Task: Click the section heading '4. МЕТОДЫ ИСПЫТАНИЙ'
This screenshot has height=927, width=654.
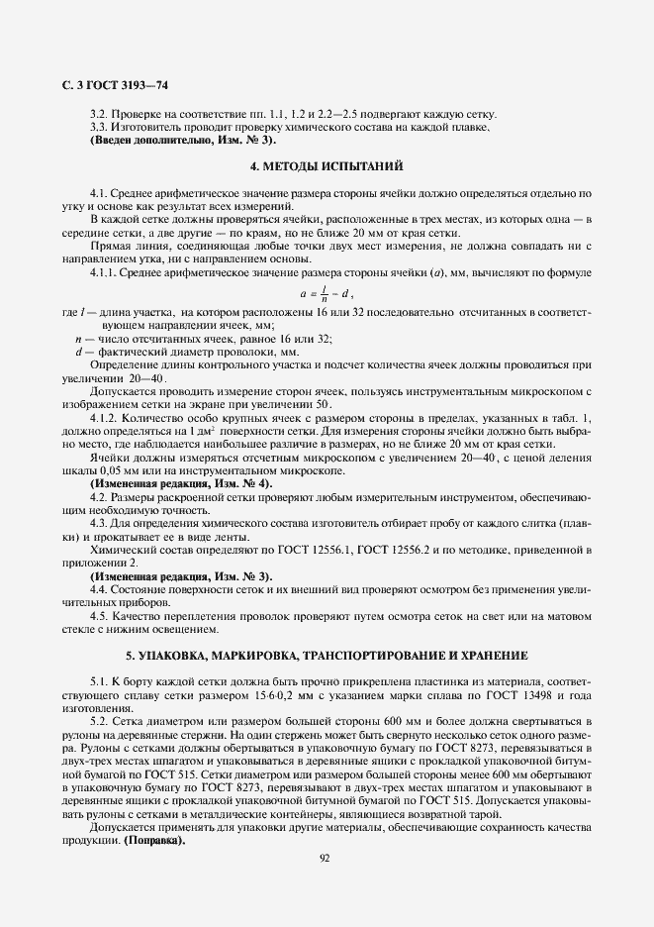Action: point(327,165)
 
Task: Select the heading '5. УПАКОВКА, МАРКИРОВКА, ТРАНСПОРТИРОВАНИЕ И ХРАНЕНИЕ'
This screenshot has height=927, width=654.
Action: point(327,656)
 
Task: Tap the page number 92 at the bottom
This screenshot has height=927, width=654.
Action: point(326,857)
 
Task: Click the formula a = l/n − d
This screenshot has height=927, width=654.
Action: point(326,293)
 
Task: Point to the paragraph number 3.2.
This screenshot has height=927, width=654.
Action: point(98,113)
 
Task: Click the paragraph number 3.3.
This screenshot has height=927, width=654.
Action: point(98,126)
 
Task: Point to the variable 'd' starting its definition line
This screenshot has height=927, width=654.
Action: point(77,352)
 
